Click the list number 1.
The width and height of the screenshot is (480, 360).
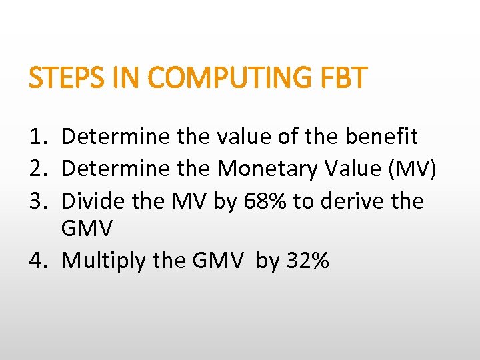pyautogui.click(x=38, y=137)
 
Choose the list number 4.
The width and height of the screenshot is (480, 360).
pyautogui.click(x=38, y=261)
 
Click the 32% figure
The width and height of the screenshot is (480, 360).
pyautogui.click(x=307, y=261)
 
